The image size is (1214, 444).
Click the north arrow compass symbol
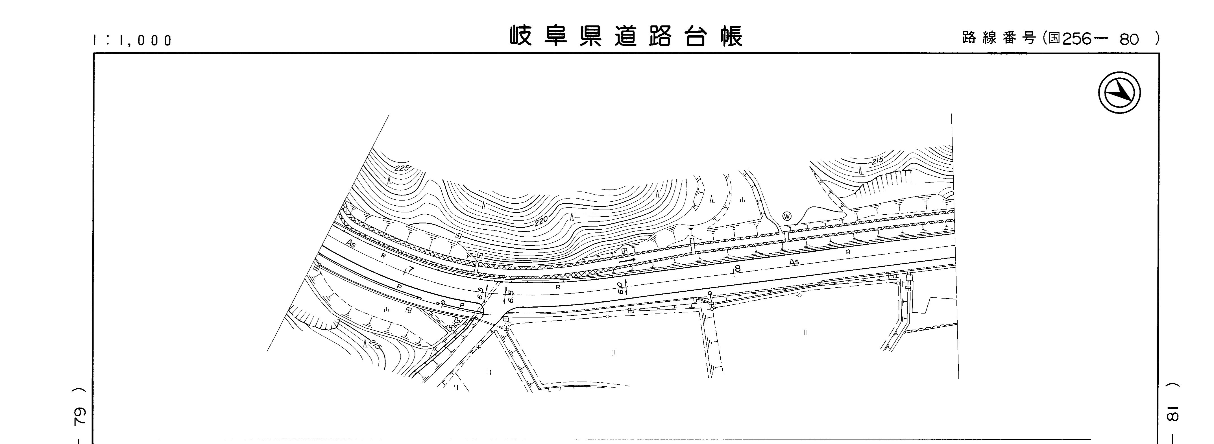tap(1119, 92)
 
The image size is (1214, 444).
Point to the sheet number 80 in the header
tap(1129, 40)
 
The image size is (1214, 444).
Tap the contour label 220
tap(542, 220)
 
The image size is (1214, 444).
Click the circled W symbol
tap(786, 216)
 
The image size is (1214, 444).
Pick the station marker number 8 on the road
tap(738, 269)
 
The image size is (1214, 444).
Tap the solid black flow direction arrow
tap(627, 260)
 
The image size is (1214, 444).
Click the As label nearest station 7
tap(351, 244)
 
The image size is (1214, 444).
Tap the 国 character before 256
tap(1054, 38)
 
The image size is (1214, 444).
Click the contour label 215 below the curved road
tap(375, 345)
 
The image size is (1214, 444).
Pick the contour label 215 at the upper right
tap(877, 160)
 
